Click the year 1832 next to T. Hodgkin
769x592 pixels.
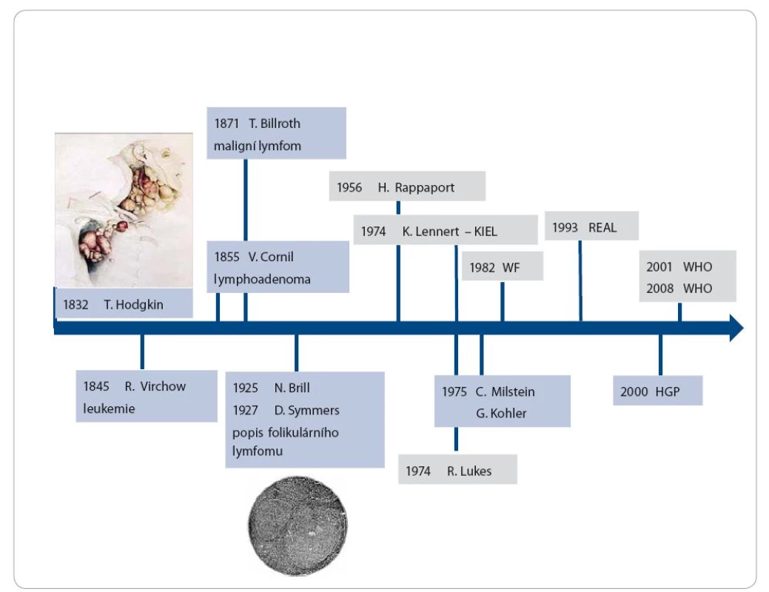[x=75, y=305]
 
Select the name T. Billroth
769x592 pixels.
[x=274, y=124]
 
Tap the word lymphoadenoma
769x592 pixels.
[x=262, y=280]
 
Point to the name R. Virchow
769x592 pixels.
[x=155, y=386]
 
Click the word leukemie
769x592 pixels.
[x=109, y=408]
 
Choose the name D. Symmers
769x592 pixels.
[x=306, y=410]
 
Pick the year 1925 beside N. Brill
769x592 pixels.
[x=245, y=388]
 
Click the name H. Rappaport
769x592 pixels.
[x=416, y=187]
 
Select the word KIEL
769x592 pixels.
[x=486, y=232]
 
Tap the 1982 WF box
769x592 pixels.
[x=503, y=266]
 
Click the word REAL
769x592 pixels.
[x=602, y=228]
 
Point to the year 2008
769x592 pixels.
[x=659, y=289]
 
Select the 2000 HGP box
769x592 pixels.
[x=658, y=391]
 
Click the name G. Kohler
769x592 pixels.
[x=501, y=414]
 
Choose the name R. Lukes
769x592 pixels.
[x=469, y=471]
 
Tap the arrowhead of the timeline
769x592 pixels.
[x=736, y=328]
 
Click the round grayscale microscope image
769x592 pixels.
[x=298, y=525]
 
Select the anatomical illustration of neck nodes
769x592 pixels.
[x=124, y=210]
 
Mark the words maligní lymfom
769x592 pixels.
[x=257, y=147]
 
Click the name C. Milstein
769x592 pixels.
[x=505, y=392]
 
